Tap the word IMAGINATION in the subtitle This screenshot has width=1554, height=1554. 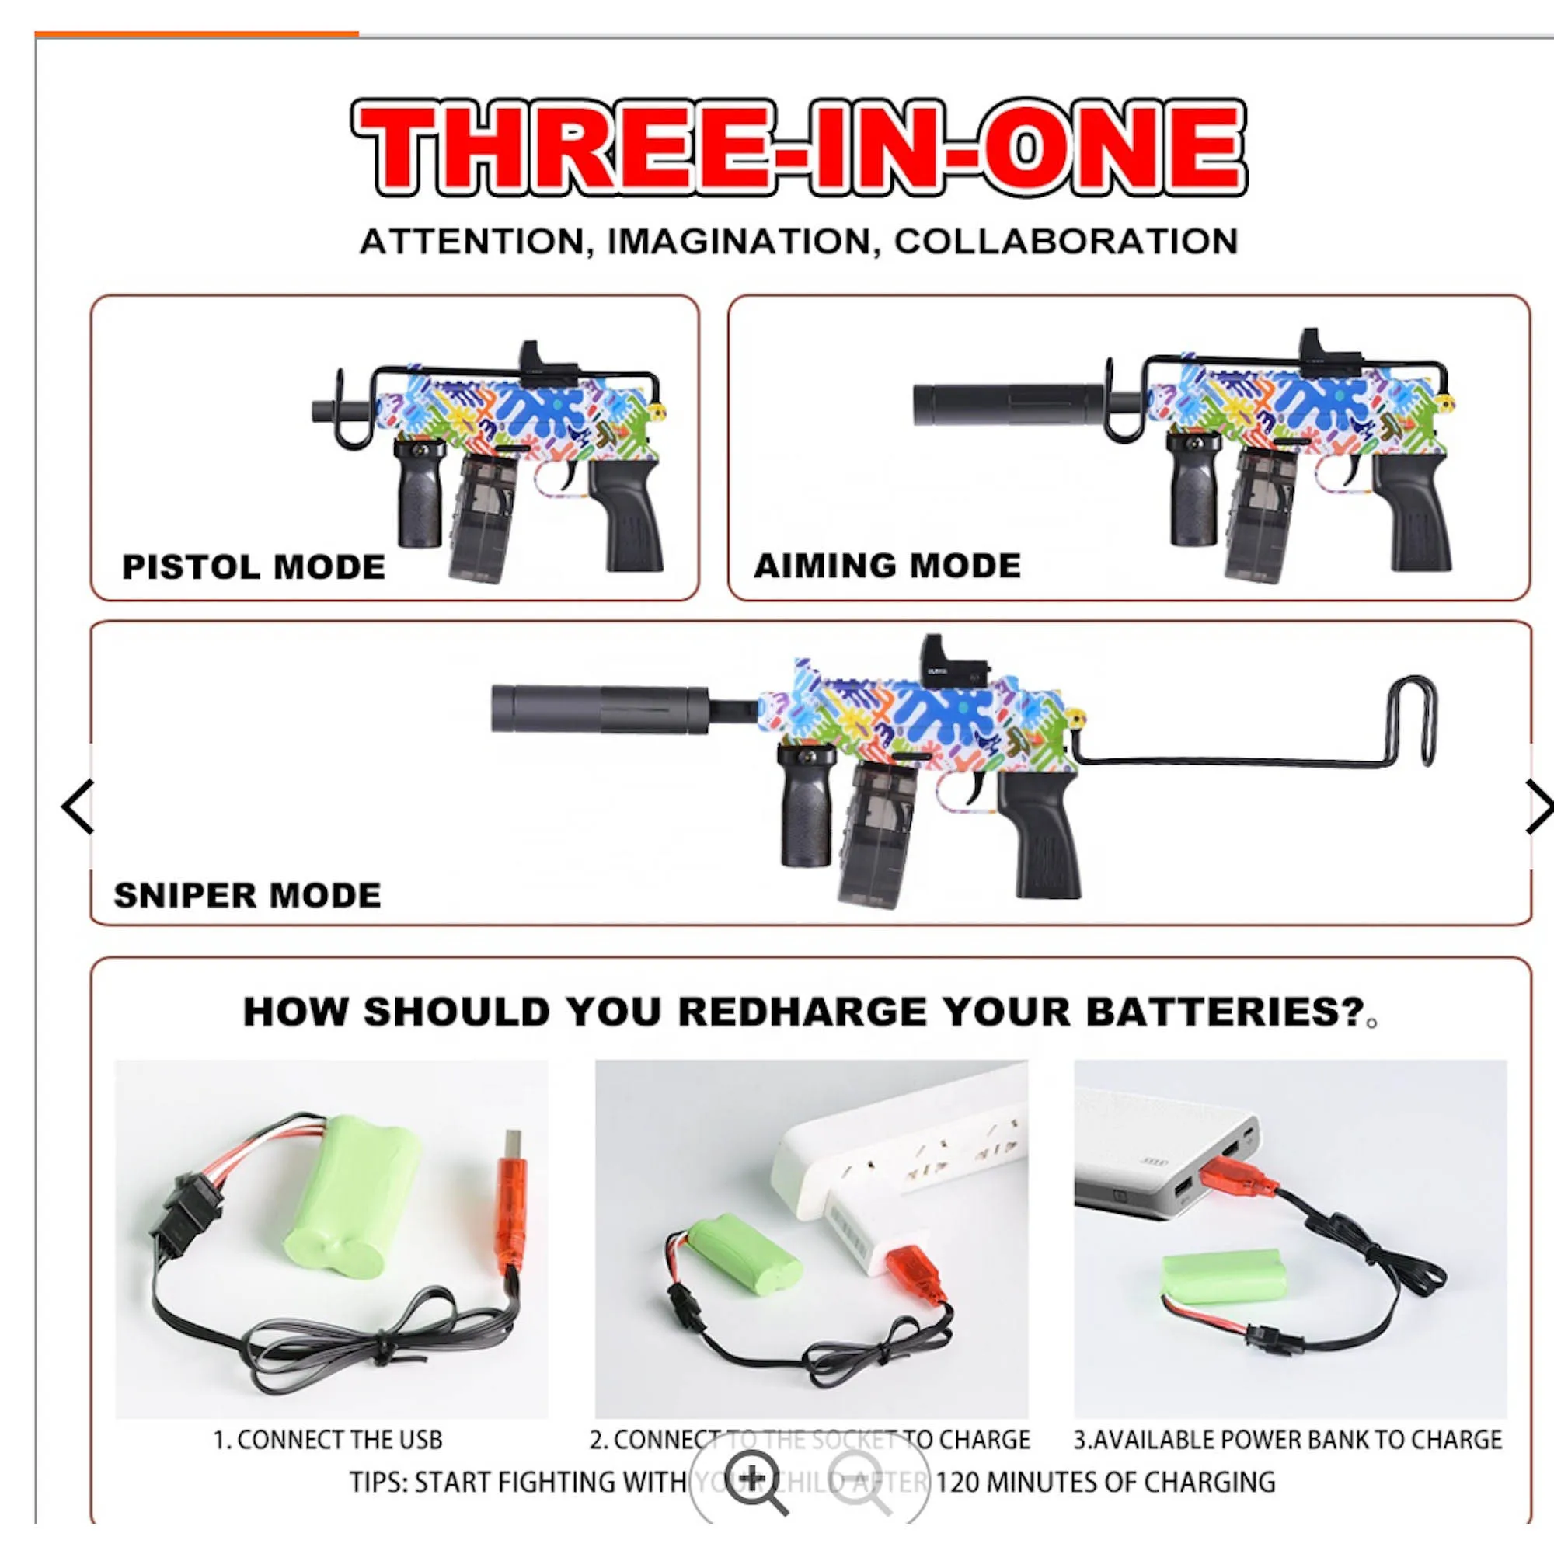click(x=738, y=242)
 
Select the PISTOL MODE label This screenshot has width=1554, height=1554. click(x=253, y=567)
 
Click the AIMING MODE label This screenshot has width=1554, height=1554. click(x=887, y=566)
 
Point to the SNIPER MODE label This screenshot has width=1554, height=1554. click(x=247, y=895)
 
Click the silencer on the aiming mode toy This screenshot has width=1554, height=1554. click(x=1009, y=406)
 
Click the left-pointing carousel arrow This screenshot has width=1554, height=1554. click(x=78, y=806)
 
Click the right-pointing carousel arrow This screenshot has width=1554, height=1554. click(x=1537, y=806)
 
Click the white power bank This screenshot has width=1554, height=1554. click(x=1166, y=1159)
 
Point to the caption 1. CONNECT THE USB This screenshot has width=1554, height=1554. click(x=327, y=1439)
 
